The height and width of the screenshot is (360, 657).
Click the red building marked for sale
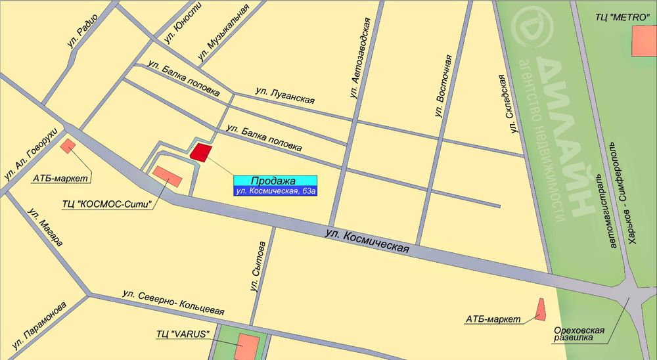(201, 152)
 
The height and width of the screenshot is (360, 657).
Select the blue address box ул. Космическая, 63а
(275, 191)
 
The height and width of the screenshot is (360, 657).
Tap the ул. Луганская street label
(284, 96)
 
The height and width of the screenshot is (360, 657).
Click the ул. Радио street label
(83, 31)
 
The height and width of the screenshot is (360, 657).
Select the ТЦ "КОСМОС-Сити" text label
(107, 204)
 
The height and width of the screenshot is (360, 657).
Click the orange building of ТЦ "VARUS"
(248, 347)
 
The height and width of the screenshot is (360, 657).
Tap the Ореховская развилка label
(578, 332)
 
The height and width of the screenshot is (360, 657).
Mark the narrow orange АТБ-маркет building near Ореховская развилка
(541, 309)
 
